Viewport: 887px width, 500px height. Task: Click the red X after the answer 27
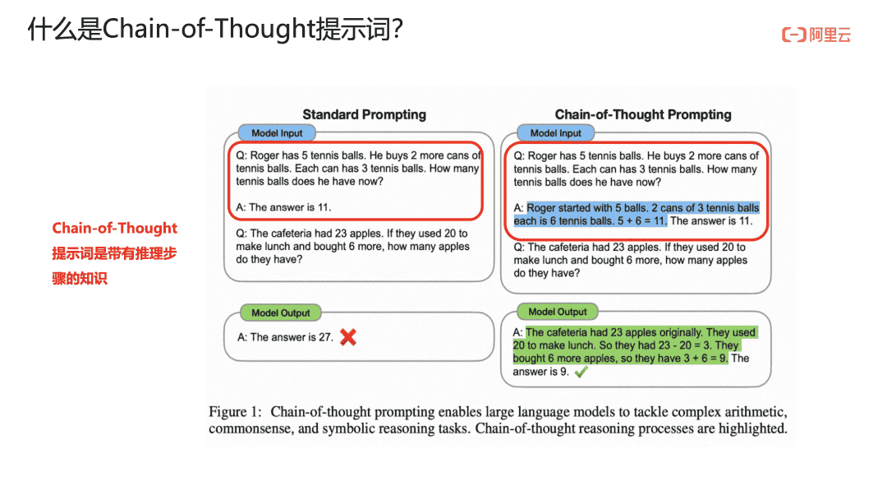[x=348, y=337]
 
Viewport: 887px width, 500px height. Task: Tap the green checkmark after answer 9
[x=581, y=372]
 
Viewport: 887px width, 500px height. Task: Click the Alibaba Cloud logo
[x=816, y=35]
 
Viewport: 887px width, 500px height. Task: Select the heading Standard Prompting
[x=365, y=114]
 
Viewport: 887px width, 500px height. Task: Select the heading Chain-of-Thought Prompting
[x=643, y=114]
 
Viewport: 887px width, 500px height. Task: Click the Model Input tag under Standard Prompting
[x=277, y=133]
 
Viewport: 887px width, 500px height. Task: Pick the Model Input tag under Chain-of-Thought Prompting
[x=555, y=133]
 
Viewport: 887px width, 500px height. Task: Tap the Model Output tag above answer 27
[x=281, y=312]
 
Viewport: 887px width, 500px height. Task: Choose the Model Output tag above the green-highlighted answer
[x=558, y=312]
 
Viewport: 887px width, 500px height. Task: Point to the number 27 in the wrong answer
[x=324, y=337]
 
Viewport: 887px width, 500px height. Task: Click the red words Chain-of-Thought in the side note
[x=115, y=228]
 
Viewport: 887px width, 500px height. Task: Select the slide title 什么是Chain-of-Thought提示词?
[x=215, y=28]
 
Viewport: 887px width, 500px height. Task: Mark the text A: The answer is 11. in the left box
[x=283, y=207]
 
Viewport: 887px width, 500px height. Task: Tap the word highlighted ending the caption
[x=752, y=428]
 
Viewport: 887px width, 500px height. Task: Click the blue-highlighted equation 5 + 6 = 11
[x=642, y=221]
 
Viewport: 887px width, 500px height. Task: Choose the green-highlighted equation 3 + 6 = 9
[x=702, y=359]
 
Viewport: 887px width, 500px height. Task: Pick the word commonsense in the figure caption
[x=250, y=428]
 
